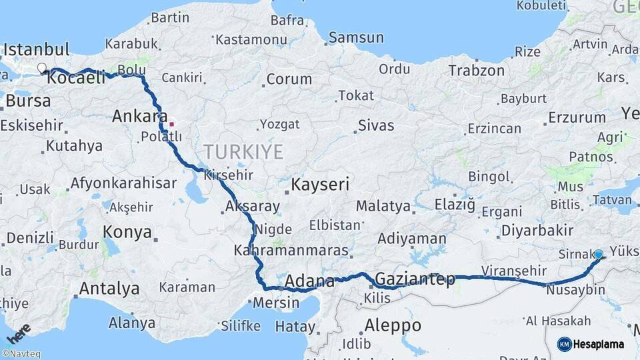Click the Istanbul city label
point(37,49)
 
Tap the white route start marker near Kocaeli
point(42,68)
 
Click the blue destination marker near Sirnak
point(599,255)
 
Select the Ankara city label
point(139,116)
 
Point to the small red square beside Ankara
point(171,123)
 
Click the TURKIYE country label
point(243,151)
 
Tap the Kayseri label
point(320,183)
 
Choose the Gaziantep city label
point(415,278)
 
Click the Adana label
point(309,281)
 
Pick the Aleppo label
point(393,325)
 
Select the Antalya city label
point(109,289)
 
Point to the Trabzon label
point(476,70)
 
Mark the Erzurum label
point(577,118)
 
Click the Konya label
point(127,232)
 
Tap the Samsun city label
point(356,38)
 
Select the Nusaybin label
point(575,290)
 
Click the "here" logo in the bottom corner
point(18,334)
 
